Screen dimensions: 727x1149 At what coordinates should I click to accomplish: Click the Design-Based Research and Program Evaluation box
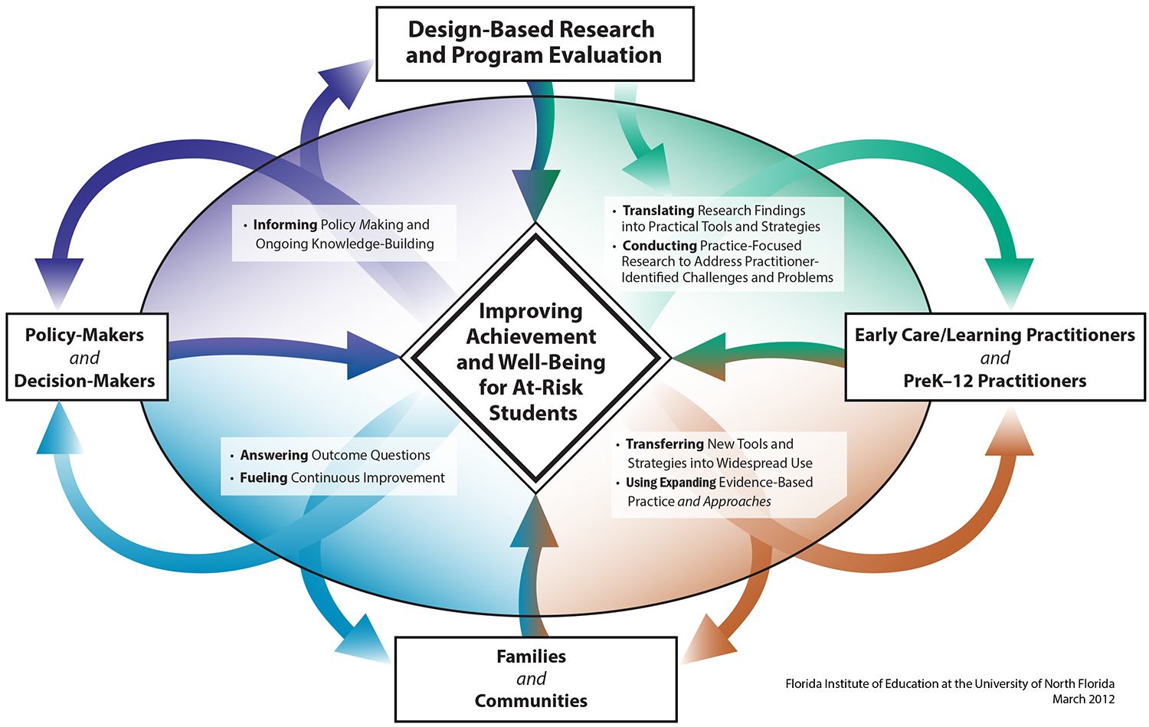(x=534, y=43)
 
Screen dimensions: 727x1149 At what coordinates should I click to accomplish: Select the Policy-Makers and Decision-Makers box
(x=86, y=357)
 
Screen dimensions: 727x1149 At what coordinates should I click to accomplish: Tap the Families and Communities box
(x=535, y=679)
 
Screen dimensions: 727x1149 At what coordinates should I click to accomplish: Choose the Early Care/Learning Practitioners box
(x=994, y=357)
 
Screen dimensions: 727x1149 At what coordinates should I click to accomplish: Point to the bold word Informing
(x=285, y=224)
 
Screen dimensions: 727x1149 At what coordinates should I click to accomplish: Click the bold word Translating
(x=658, y=210)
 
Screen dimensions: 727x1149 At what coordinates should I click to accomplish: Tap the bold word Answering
(x=273, y=455)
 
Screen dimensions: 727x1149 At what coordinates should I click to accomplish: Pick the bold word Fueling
(x=264, y=477)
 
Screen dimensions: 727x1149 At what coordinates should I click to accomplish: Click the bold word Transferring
(x=664, y=444)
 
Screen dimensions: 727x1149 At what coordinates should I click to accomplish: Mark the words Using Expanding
(x=670, y=482)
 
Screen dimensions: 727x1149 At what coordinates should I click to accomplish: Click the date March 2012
(x=1083, y=699)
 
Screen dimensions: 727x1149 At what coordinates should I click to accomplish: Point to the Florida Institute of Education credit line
(x=949, y=683)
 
